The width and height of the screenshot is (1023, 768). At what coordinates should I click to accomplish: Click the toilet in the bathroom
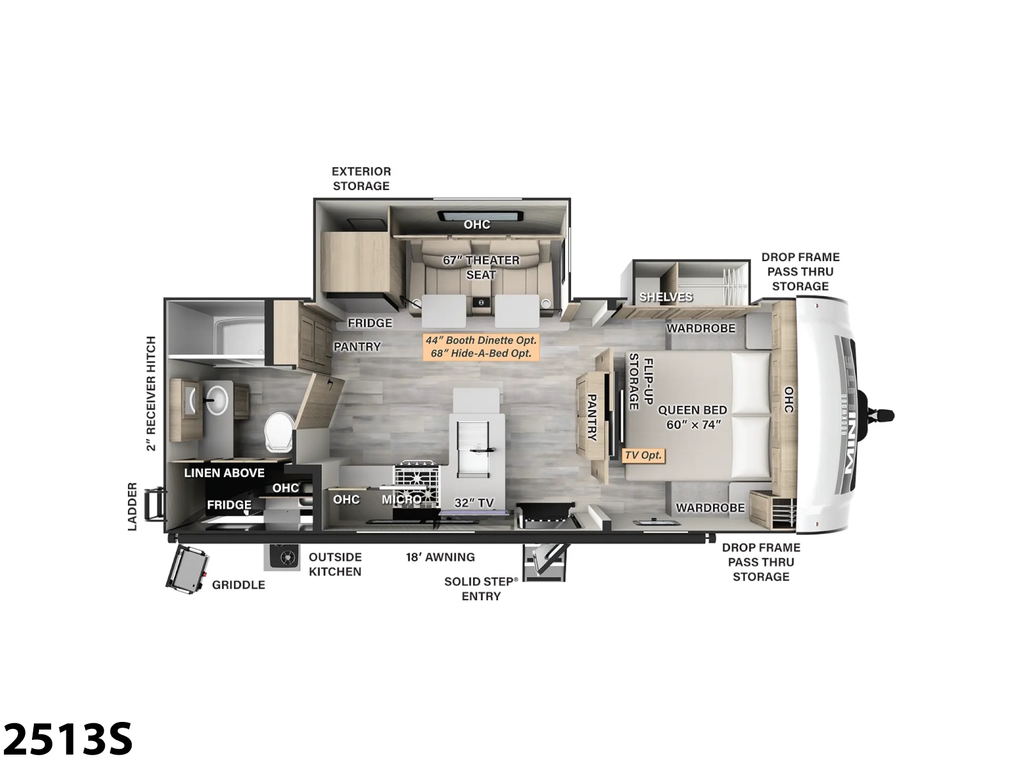tap(279, 432)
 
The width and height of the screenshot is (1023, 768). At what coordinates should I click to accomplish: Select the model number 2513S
tap(68, 739)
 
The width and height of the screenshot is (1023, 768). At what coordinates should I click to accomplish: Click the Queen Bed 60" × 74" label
tap(692, 417)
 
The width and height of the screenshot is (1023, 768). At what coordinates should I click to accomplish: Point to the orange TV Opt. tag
tap(643, 455)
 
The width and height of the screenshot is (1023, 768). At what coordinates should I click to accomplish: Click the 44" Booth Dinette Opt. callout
tap(481, 340)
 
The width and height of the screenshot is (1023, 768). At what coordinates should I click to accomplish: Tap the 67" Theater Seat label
tap(481, 267)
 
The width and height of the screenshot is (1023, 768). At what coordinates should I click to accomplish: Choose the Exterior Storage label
tap(361, 179)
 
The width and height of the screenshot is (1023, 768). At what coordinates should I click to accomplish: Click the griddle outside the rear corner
tap(186, 569)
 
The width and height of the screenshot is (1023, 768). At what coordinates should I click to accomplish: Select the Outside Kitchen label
tap(335, 564)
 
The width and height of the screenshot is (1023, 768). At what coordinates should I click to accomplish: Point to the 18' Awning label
tap(441, 557)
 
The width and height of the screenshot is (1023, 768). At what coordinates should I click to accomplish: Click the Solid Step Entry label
tap(481, 588)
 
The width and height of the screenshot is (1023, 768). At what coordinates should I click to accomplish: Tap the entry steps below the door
tap(544, 563)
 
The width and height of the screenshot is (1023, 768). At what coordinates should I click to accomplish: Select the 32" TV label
tap(474, 502)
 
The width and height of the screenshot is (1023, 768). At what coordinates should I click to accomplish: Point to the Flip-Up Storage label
tap(641, 381)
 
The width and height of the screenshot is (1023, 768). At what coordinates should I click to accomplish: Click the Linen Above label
tap(224, 473)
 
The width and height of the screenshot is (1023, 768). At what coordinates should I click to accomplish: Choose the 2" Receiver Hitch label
tap(151, 394)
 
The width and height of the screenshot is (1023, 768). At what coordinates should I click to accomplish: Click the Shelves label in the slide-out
tap(666, 297)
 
